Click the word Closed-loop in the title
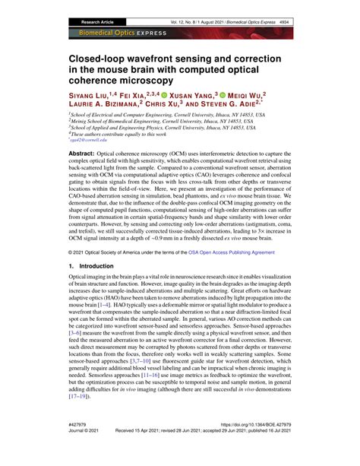[x=101, y=57]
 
